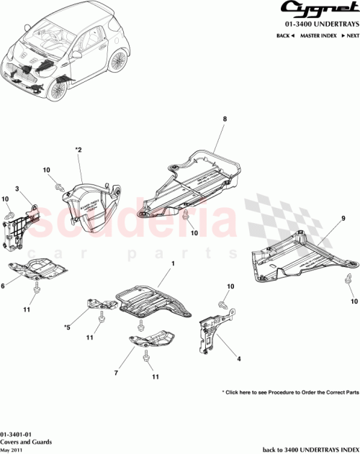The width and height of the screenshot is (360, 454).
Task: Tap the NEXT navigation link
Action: click(348, 35)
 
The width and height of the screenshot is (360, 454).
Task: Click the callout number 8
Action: click(225, 119)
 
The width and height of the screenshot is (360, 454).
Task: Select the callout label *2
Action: click(78, 150)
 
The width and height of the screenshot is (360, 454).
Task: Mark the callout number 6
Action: click(4, 285)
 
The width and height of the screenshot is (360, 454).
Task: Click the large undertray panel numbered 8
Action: click(194, 180)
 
